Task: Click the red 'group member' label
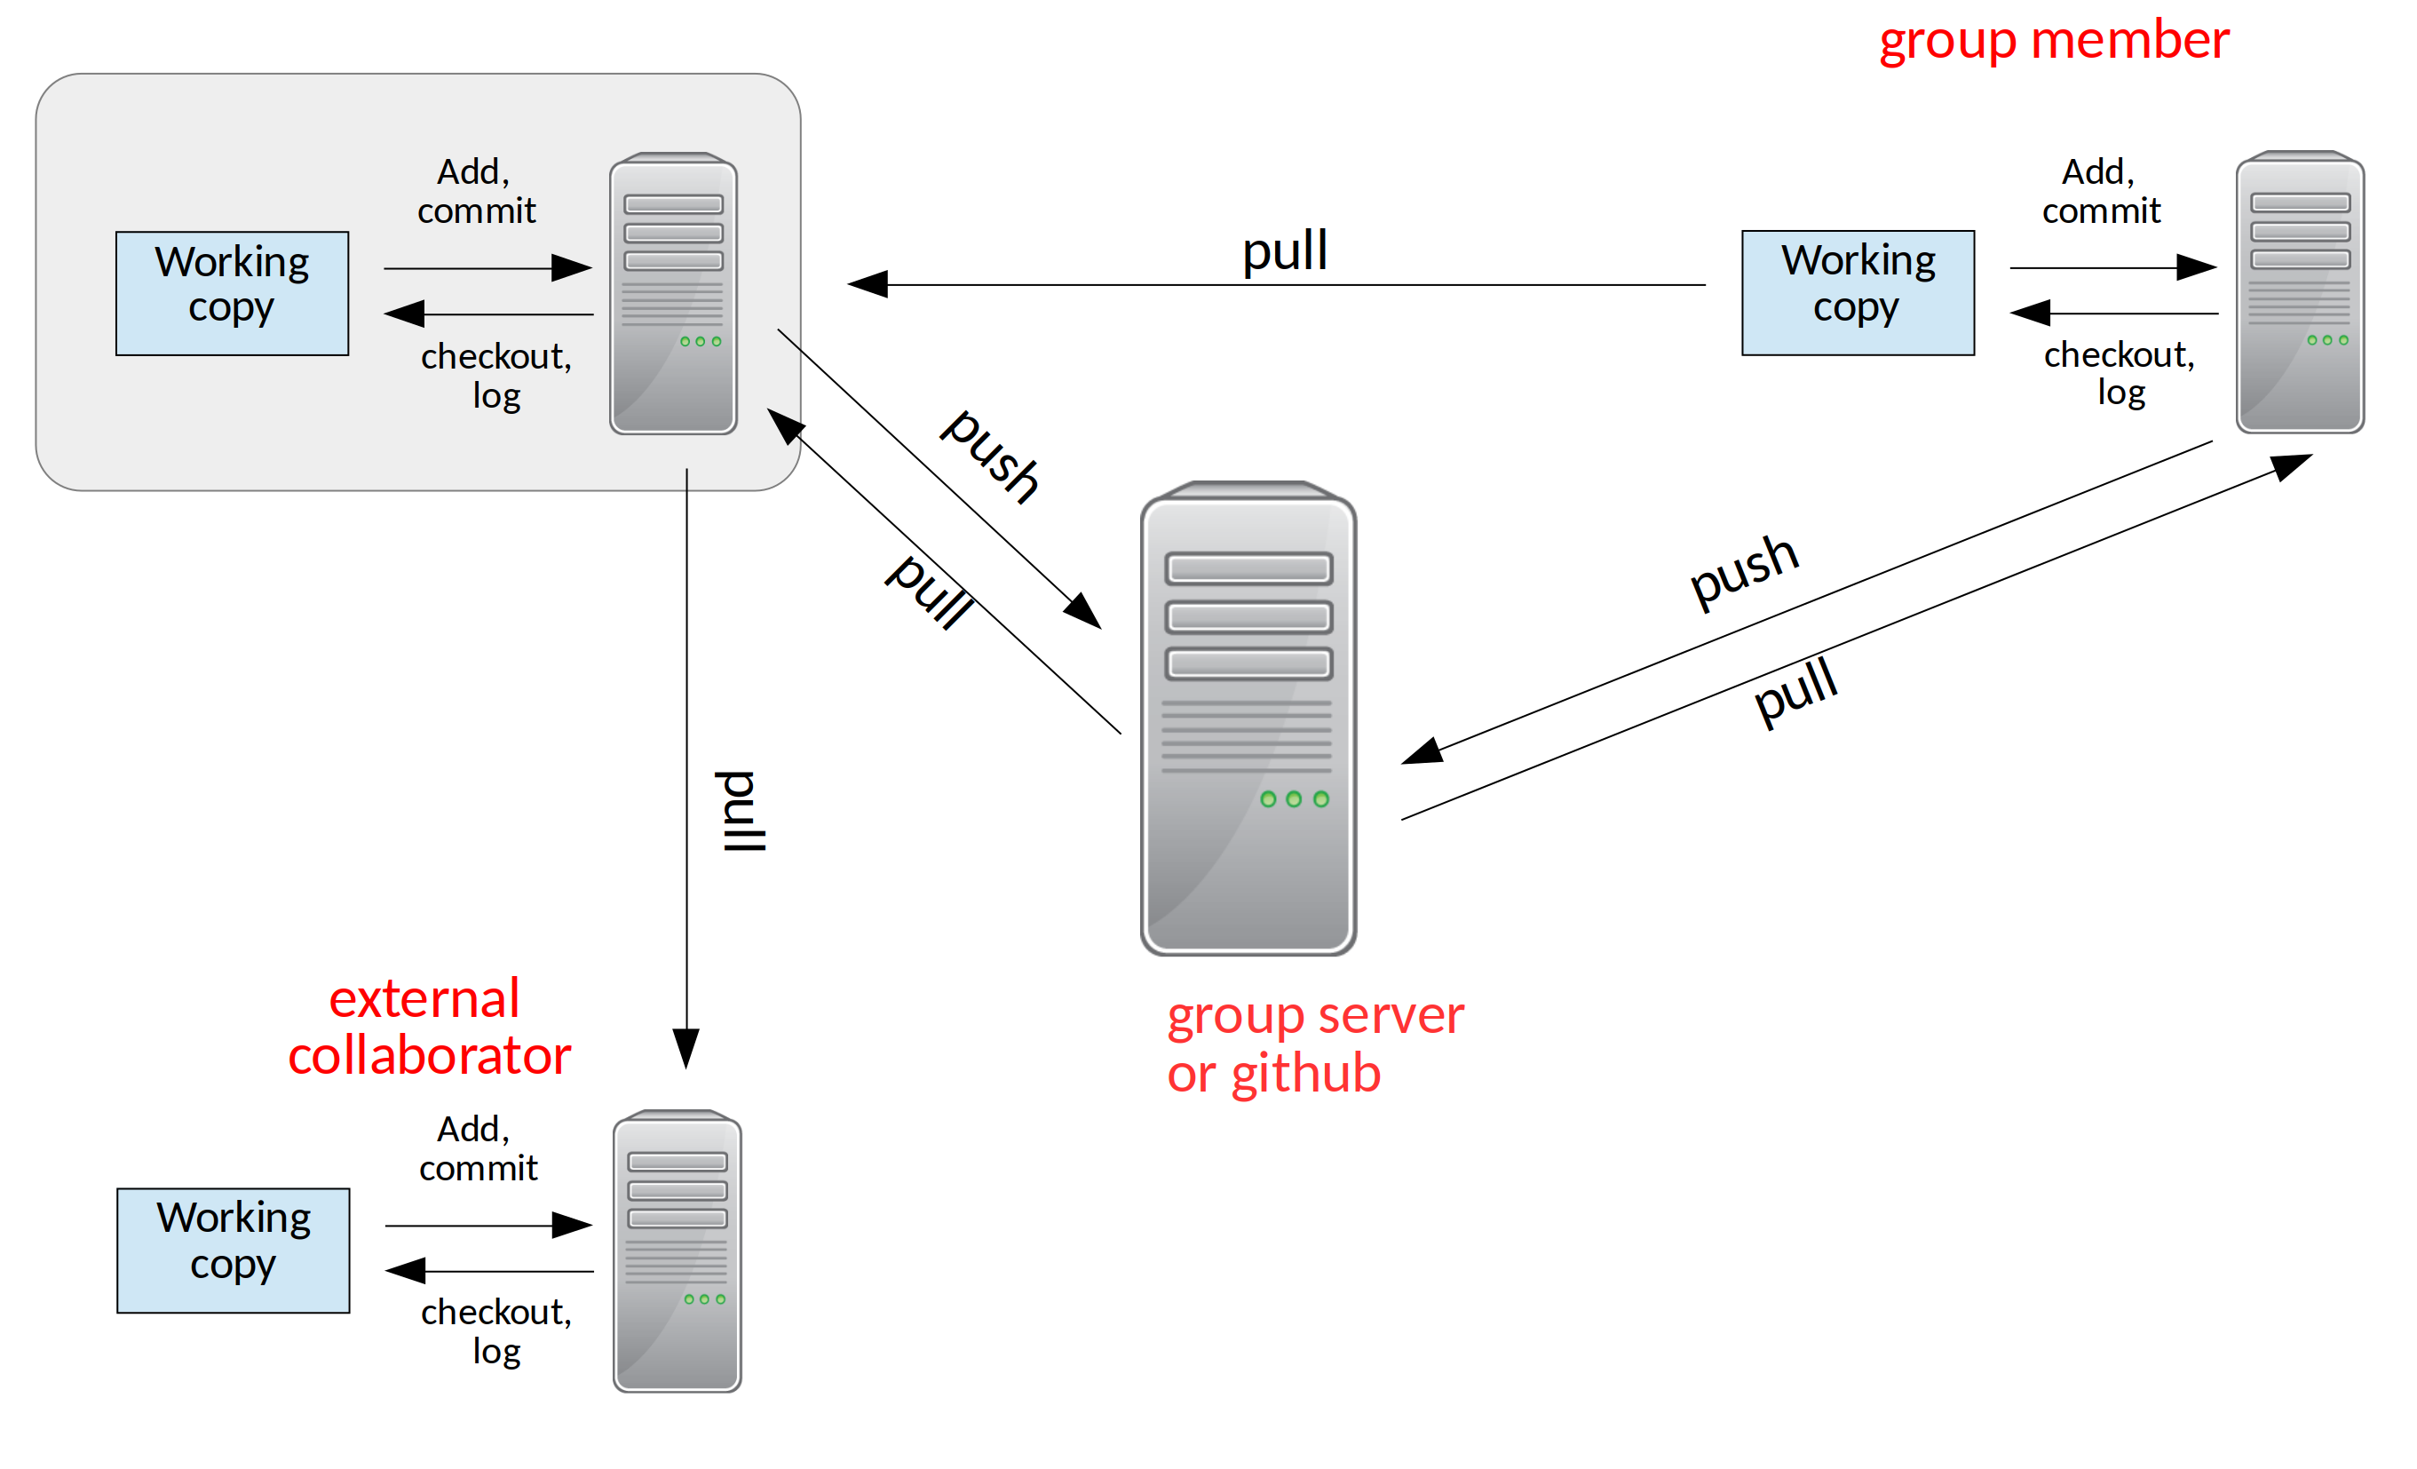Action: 2053,41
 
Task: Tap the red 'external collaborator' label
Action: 429,1028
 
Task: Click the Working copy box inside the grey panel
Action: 233,293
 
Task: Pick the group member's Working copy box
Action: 1857,292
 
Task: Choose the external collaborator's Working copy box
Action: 234,1251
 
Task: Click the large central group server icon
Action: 1248,719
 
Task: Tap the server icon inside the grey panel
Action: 673,293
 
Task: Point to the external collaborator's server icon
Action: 677,1251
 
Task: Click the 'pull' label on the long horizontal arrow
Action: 1285,251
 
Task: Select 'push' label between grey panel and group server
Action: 989,457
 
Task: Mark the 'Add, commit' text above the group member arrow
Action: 2100,191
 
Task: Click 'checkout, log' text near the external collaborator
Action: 496,1330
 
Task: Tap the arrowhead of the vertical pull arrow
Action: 685,1049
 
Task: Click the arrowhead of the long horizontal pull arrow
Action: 868,284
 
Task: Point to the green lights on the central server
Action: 1294,798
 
